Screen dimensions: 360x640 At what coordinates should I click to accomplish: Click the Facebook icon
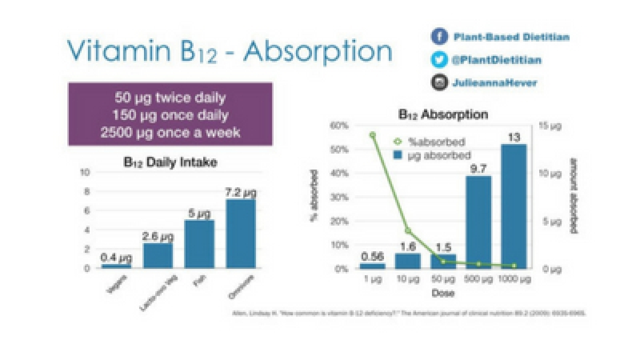[x=438, y=37]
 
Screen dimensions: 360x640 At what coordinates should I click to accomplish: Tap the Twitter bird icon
[x=438, y=59]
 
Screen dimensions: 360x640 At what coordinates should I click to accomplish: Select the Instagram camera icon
[x=438, y=82]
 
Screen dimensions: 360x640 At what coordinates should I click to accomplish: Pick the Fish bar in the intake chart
[x=200, y=244]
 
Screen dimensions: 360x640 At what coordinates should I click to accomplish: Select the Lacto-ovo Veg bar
[x=158, y=255]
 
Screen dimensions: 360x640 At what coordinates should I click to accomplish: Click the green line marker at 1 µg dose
[x=373, y=134]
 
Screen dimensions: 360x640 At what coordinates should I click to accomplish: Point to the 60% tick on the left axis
[x=341, y=126]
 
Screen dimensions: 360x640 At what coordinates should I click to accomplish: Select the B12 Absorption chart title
[x=443, y=114]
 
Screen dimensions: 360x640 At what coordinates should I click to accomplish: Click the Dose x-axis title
[x=443, y=294]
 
